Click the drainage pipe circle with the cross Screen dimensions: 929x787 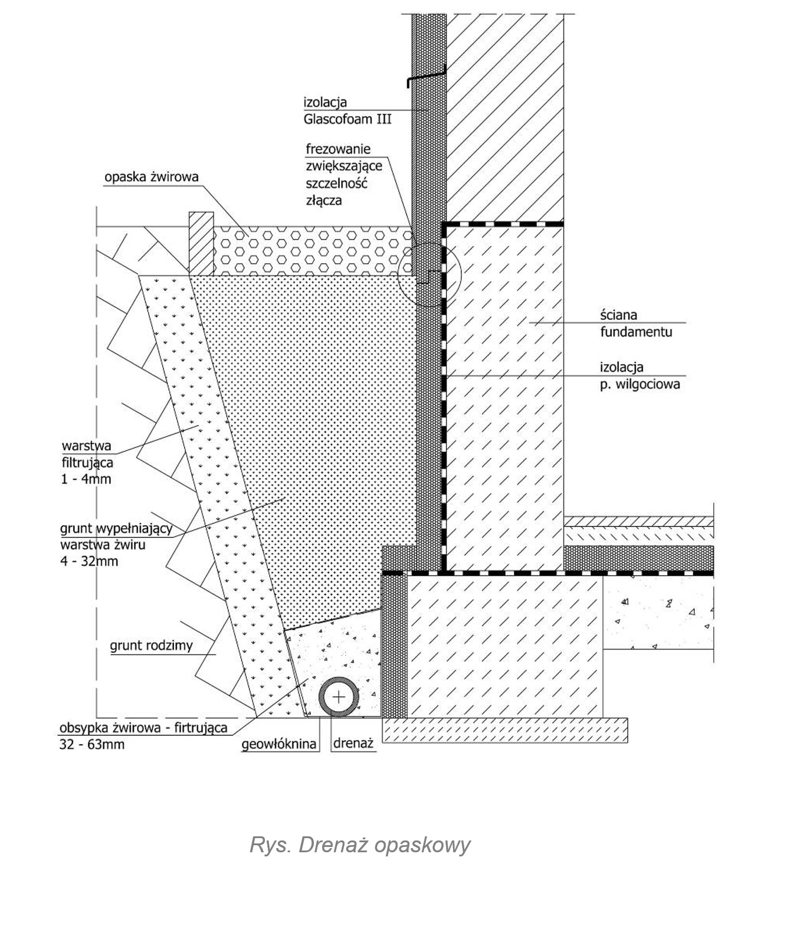point(339,697)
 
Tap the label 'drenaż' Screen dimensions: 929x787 point(353,744)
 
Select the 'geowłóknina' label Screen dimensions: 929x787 point(279,745)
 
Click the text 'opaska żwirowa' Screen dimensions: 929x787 point(152,176)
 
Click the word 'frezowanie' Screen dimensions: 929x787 point(338,149)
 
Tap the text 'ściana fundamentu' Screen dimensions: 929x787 point(636,323)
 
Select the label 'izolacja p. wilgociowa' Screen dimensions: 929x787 point(640,376)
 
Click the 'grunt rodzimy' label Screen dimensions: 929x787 point(151,646)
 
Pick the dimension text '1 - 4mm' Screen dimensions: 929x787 point(86,479)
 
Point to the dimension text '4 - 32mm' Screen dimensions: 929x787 point(89,561)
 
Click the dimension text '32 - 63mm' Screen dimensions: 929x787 point(92,744)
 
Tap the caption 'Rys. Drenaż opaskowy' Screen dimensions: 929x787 point(360,845)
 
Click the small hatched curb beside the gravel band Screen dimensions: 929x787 point(201,244)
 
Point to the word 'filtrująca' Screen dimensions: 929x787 point(87,463)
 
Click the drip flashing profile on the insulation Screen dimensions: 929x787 point(426,77)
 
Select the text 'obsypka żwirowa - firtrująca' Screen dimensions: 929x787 point(143,728)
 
